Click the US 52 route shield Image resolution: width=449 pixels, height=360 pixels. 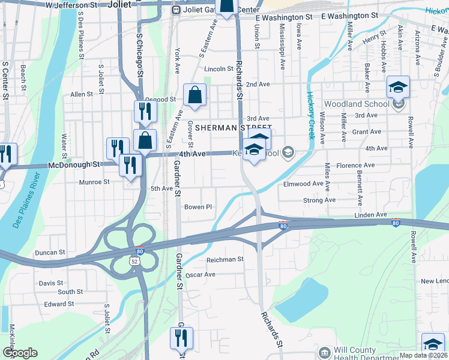tap(136, 261)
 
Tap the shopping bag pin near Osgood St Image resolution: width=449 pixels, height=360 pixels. tap(194, 96)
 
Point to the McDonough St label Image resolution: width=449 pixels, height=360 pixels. tap(74, 164)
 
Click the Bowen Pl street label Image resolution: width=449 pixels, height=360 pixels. tap(198, 207)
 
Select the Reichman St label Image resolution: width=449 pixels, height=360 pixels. tap(224, 259)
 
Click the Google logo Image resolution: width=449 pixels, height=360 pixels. tap(20, 353)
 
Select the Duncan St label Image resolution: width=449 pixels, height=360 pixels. tap(49, 253)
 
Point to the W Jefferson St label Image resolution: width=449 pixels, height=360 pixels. tap(72, 5)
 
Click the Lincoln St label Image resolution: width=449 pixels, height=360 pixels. tap(218, 69)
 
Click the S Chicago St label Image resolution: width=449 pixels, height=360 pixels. tap(139, 53)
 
